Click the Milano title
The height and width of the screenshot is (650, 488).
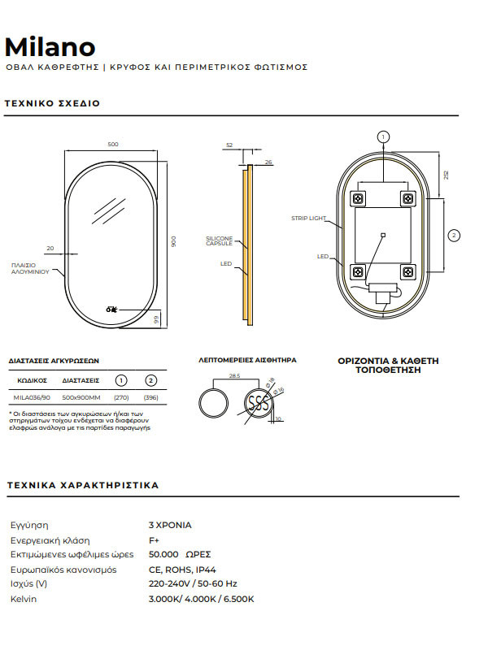point(50,46)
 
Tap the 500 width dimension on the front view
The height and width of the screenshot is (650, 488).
point(113,145)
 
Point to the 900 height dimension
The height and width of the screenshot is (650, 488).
point(172,242)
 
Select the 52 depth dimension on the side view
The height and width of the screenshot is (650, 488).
point(229,145)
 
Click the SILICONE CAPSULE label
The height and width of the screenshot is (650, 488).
point(219,241)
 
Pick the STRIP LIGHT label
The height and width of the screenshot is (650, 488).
point(307,219)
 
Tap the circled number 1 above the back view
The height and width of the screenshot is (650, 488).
point(384,137)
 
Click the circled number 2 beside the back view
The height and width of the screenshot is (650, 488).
point(454,236)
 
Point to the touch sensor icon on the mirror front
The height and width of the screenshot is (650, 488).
point(111,309)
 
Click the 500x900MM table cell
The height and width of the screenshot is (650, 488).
point(81,398)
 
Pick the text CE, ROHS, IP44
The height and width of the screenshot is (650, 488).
point(181,570)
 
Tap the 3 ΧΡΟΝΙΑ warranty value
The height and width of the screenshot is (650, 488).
point(170,525)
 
